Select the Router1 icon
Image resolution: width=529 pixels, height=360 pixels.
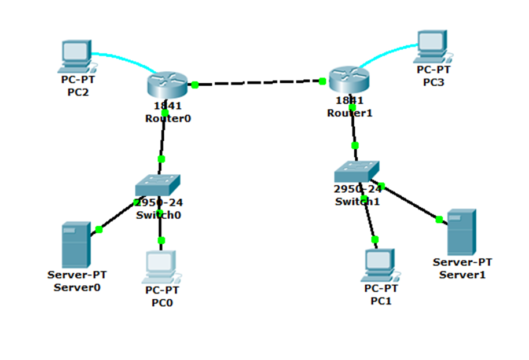(x=348, y=79)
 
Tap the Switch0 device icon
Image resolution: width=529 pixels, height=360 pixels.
(x=158, y=185)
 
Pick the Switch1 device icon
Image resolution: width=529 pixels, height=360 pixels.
(x=357, y=171)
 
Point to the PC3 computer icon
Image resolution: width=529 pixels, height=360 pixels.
(x=434, y=46)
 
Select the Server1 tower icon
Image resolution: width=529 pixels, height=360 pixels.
(x=461, y=232)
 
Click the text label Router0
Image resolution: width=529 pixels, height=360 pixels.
(x=167, y=118)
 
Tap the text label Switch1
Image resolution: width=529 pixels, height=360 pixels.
(x=357, y=201)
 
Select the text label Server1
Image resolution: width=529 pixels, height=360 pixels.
(x=462, y=274)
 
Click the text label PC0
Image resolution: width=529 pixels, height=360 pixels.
(x=161, y=302)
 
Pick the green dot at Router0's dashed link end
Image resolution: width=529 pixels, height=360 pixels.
(x=195, y=85)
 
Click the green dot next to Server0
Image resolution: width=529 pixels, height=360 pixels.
(x=99, y=230)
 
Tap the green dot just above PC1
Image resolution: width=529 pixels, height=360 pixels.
(x=374, y=239)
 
